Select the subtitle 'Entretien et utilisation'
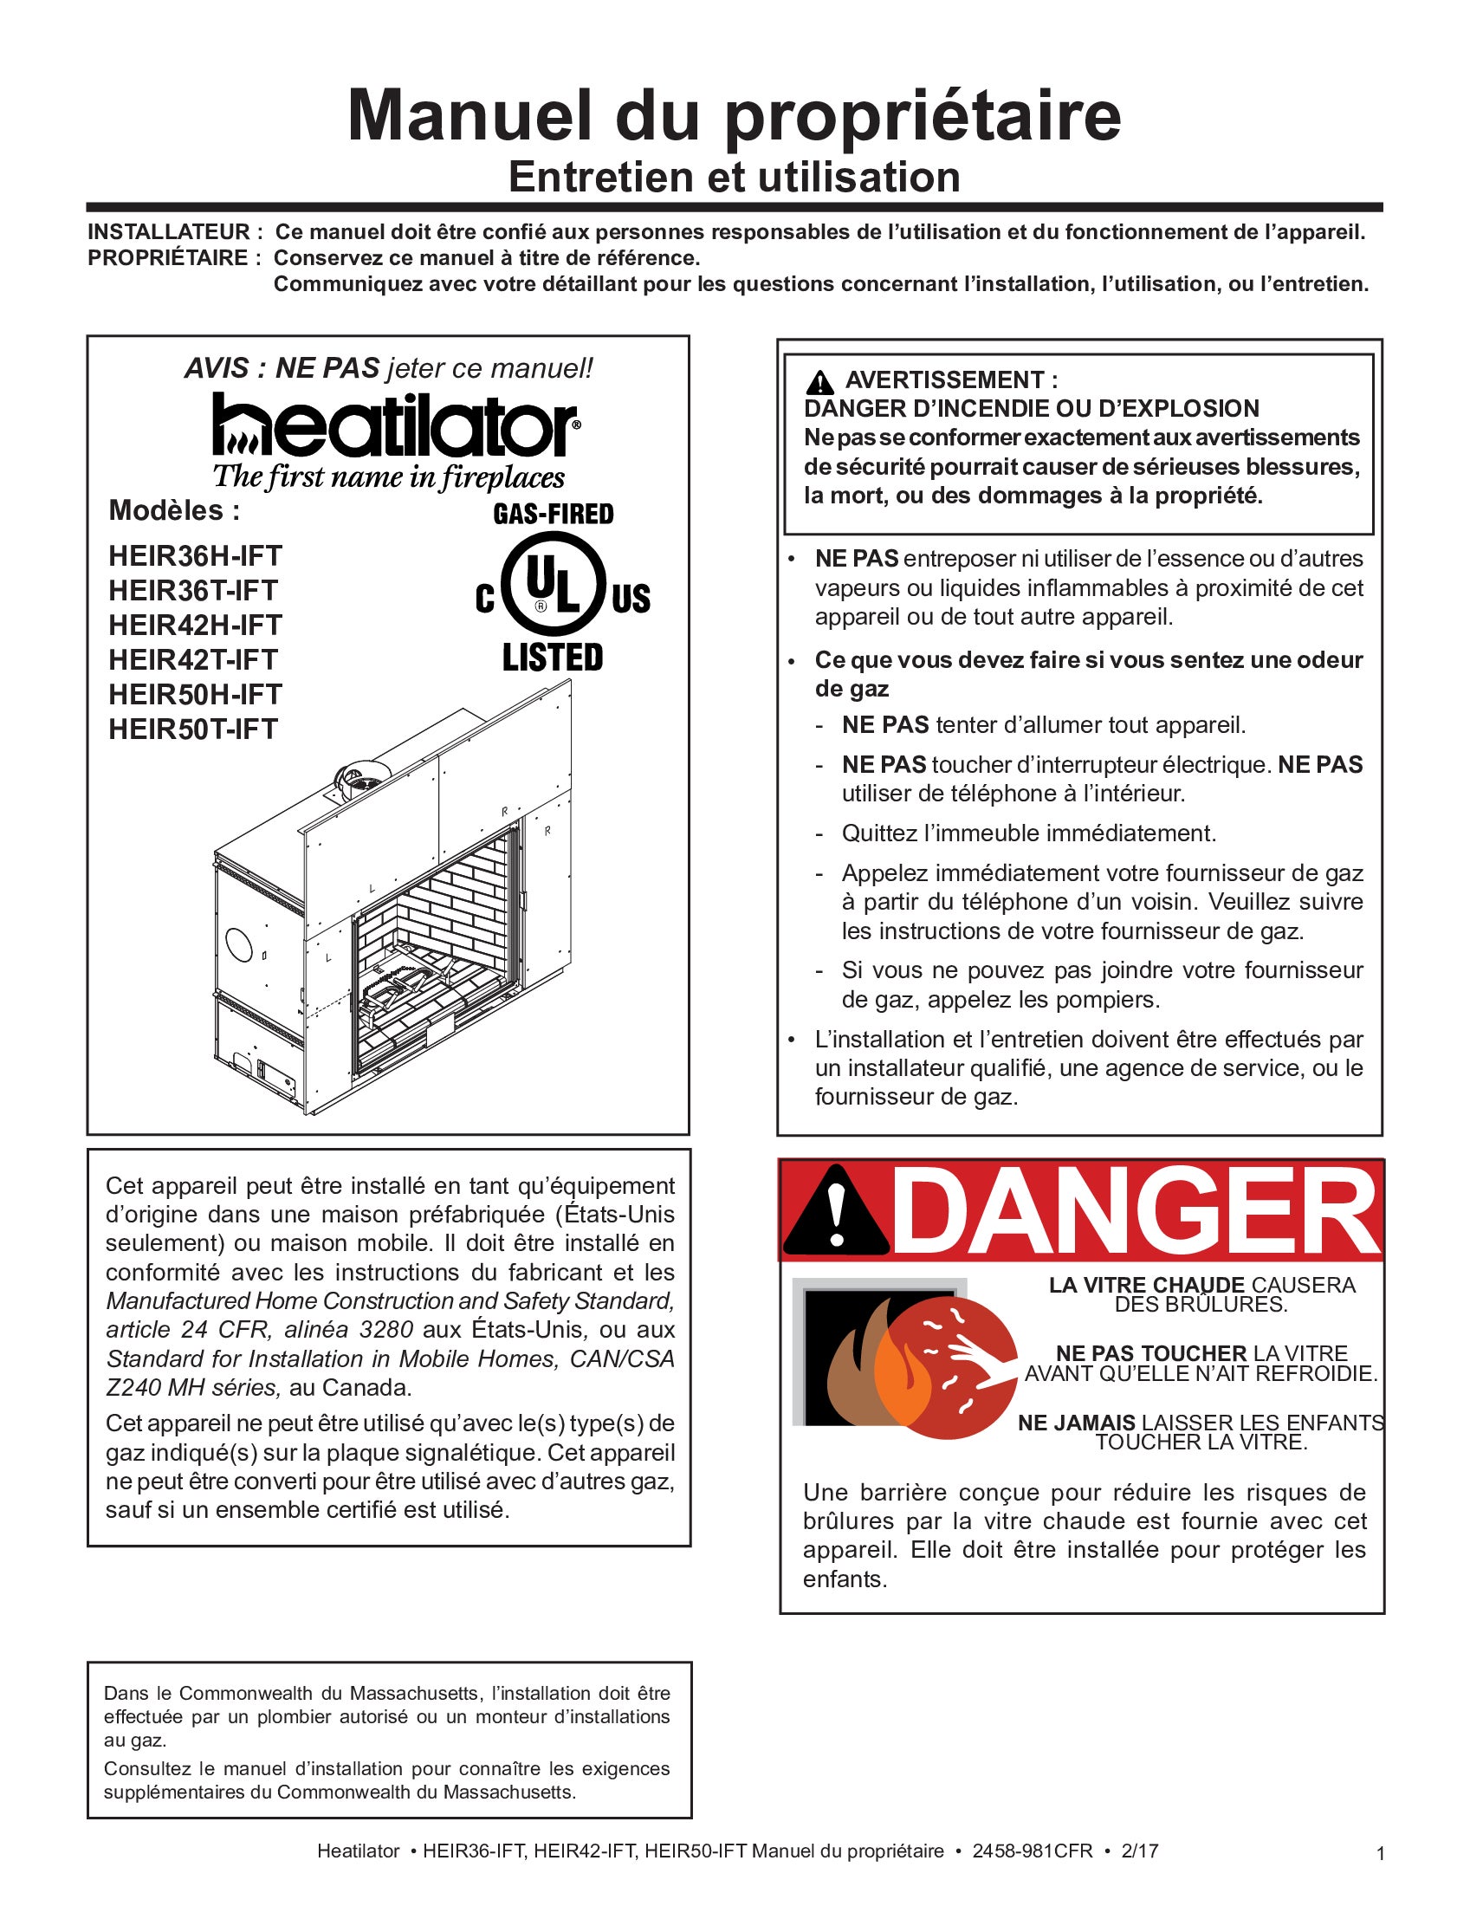734,177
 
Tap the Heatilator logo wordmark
394,425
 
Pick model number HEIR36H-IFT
196,556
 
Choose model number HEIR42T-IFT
193,660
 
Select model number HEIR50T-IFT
193,729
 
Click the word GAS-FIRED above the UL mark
554,514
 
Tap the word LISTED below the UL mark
553,658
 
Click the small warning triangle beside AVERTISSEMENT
819,382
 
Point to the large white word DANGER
1134,1211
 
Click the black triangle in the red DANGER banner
835,1212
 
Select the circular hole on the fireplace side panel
238,944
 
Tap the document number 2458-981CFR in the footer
1032,1851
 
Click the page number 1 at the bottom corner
1380,1854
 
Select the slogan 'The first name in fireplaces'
389,476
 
